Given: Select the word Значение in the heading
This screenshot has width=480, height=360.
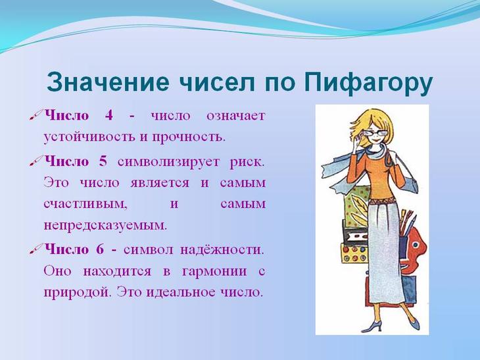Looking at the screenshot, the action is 107,82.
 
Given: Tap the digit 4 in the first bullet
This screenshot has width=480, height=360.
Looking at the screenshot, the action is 109,116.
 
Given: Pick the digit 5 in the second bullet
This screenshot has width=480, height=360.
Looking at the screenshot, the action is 103,161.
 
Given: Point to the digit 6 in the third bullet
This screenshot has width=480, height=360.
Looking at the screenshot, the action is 100,249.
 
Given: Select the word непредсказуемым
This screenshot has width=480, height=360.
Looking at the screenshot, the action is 105,226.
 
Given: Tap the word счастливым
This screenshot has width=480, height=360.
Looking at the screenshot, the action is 85,204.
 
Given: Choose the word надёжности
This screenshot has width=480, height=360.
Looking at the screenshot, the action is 222,250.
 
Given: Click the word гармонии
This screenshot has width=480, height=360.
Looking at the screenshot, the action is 214,271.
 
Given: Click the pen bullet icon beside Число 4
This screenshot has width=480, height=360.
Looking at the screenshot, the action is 36,116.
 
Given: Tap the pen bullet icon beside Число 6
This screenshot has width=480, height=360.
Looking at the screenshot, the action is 36,249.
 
